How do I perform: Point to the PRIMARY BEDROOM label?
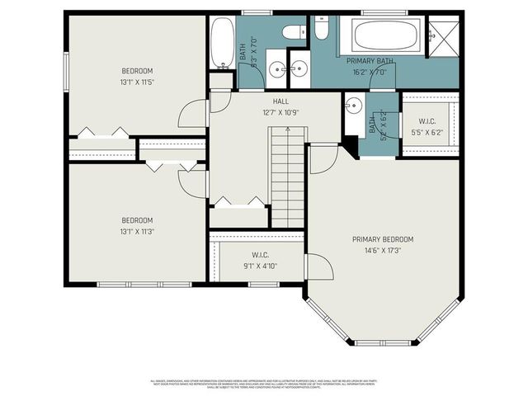coord(383,239)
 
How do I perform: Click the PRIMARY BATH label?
coord(370,60)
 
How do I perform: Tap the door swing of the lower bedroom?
coord(192,183)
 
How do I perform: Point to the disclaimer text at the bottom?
coord(264,384)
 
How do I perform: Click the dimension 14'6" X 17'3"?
coord(383,250)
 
